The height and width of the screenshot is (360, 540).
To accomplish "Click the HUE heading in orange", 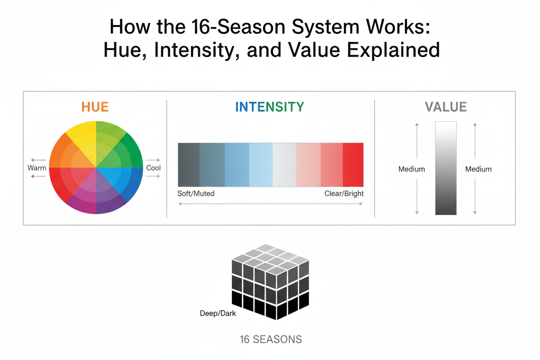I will click(95, 107).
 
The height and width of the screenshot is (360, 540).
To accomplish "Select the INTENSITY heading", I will click(270, 107).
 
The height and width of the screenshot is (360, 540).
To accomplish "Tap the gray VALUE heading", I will click(446, 107).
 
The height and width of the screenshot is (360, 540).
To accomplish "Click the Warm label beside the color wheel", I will click(37, 168).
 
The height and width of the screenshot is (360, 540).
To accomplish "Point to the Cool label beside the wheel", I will click(153, 168).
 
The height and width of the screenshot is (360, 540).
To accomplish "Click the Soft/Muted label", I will click(196, 193).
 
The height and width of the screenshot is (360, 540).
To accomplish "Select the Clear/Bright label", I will click(344, 193).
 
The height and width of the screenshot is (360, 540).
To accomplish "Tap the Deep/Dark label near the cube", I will click(218, 313).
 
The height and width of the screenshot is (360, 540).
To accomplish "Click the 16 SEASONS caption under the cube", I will click(271, 340).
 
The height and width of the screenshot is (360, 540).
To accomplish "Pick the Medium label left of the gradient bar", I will click(411, 169).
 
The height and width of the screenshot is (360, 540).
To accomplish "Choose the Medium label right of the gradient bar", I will click(478, 169).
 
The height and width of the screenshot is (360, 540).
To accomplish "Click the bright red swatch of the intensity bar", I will click(353, 164).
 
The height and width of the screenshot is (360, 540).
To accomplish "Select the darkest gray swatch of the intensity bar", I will click(189, 164).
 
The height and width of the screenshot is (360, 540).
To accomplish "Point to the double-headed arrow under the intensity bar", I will click(270, 204).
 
